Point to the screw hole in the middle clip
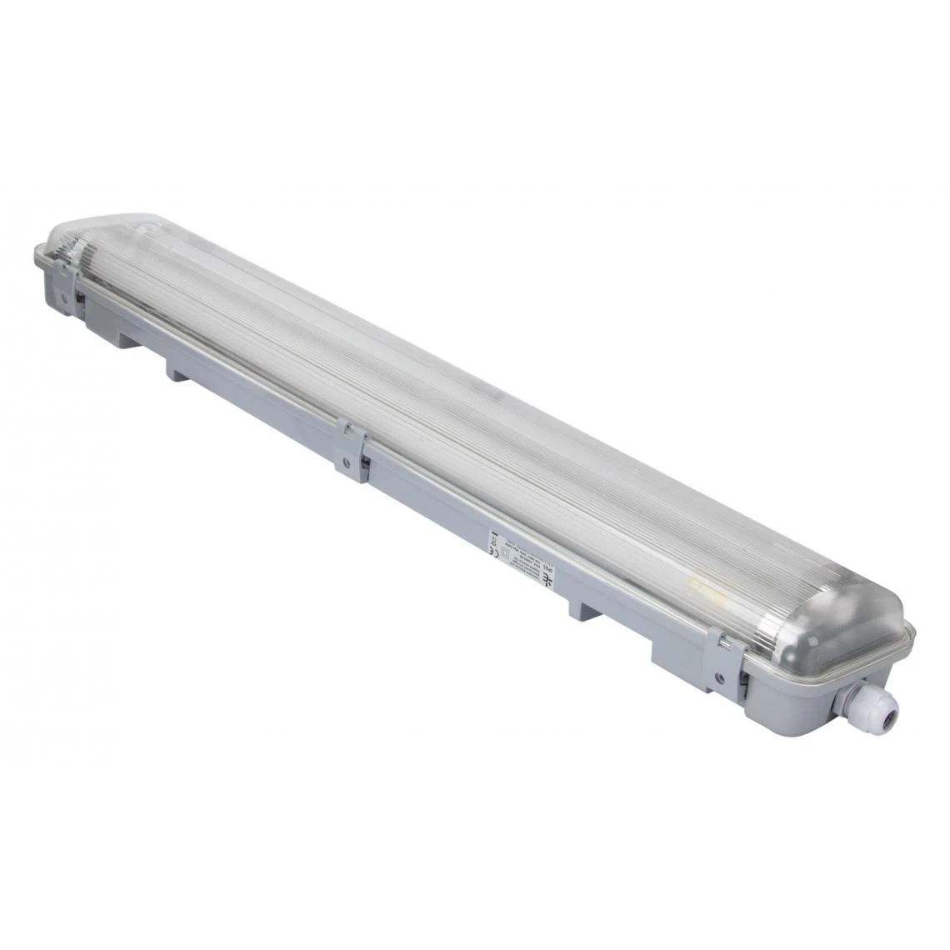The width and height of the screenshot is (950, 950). click(x=347, y=462)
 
